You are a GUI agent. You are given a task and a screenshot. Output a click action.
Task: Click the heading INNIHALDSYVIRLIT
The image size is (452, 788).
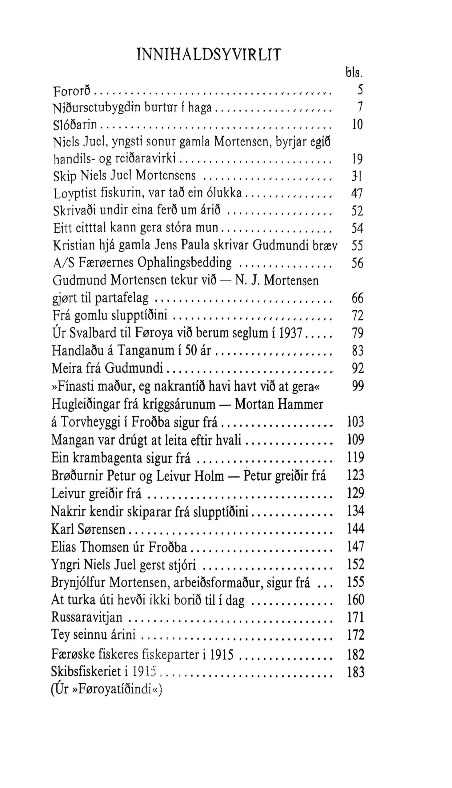pyautogui.click(x=209, y=55)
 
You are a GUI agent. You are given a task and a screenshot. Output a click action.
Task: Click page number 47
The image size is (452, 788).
pyautogui.click(x=357, y=194)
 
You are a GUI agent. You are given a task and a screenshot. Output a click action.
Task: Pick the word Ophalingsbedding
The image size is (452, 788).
pyautogui.click(x=184, y=263)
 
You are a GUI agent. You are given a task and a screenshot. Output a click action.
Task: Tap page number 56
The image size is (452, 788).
pyautogui.click(x=357, y=263)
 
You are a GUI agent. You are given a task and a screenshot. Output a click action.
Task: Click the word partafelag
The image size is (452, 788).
pyautogui.click(x=122, y=298)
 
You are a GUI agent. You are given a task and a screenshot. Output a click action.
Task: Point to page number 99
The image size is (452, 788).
pyautogui.click(x=358, y=386)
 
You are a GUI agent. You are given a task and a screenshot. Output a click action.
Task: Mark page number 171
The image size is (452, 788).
pyautogui.click(x=355, y=617)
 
